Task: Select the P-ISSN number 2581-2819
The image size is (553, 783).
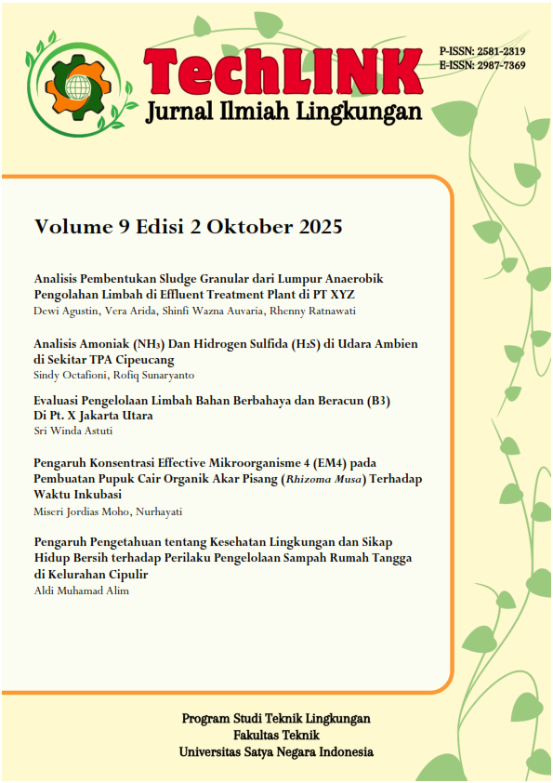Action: tap(500, 51)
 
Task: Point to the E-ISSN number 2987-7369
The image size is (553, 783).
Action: tap(500, 65)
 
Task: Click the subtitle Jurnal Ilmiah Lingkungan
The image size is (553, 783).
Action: tap(283, 113)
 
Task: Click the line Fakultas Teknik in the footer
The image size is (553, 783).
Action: tap(275, 735)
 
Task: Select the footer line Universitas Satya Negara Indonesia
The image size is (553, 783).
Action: tap(276, 750)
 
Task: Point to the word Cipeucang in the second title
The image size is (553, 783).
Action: tap(145, 359)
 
